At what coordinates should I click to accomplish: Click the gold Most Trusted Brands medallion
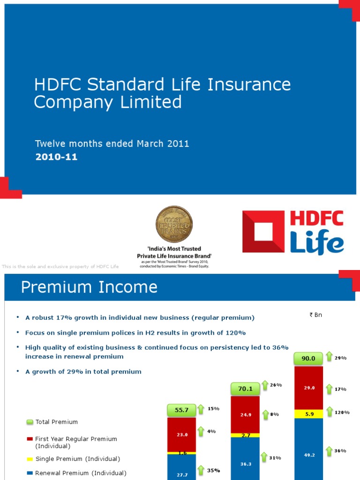coord(174,225)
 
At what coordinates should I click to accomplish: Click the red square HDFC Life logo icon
coord(263,232)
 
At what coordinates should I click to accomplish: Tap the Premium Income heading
coord(89,287)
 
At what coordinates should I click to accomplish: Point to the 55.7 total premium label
coord(181,410)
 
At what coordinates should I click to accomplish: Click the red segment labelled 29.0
coord(309,388)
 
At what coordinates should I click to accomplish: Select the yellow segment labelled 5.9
coord(309,414)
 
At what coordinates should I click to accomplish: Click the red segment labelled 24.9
coord(245,414)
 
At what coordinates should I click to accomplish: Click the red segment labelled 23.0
coord(182,435)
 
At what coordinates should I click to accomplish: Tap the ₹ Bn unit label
coord(315,315)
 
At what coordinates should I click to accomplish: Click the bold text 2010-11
coord(56,157)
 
